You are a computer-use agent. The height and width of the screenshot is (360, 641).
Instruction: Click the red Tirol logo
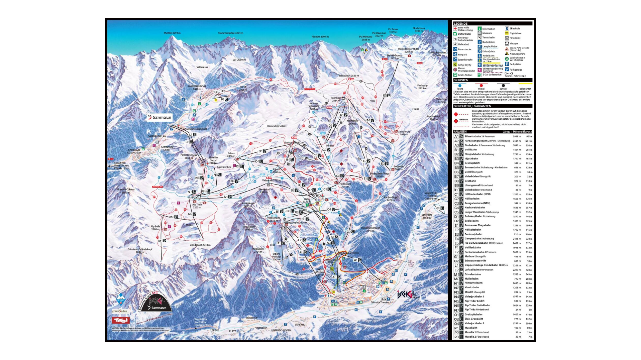tap(120, 320)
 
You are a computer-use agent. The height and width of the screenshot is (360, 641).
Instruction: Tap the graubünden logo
tap(119, 311)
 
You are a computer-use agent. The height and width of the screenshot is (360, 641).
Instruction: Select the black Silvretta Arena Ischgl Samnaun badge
tap(155, 302)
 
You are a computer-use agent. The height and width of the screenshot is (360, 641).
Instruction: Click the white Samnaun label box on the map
tap(159, 117)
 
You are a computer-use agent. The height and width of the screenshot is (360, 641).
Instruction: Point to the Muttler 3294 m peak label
tap(172, 33)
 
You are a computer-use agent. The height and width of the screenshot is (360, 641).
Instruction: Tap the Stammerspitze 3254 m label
tap(230, 33)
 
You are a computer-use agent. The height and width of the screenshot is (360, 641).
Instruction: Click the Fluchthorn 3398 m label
tap(419, 29)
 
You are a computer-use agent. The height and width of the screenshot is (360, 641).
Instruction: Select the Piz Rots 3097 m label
tap(320, 37)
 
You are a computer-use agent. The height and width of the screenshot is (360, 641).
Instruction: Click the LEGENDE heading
tap(460, 24)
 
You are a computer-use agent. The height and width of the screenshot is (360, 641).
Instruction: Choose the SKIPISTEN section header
tap(461, 80)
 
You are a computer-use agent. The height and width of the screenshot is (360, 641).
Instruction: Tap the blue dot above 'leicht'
tap(460, 86)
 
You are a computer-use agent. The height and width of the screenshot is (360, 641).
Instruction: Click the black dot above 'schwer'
tap(503, 86)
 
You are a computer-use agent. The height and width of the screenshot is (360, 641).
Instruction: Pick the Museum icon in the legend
tap(479, 33)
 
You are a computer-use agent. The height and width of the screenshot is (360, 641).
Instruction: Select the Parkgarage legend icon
tap(507, 70)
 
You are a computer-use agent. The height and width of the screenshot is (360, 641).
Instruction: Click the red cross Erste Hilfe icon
tap(455, 29)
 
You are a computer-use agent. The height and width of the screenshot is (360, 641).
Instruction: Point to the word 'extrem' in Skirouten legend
tap(463, 120)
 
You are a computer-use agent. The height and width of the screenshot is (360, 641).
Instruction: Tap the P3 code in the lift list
tap(456, 337)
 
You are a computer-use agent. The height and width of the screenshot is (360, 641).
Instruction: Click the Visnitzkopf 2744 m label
tap(200, 245)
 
